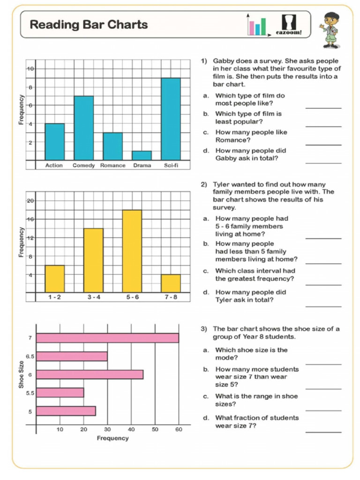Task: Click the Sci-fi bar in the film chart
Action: coord(171,119)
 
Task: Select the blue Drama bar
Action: coord(142,156)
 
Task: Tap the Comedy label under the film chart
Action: coord(83,165)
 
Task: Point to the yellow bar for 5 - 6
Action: coord(132,251)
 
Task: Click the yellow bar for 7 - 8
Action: coord(171,283)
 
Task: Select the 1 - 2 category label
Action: coord(54,297)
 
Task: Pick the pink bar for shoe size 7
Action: coord(107,338)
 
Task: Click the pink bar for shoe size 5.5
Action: coord(60,392)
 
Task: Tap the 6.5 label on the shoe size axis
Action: coord(30,357)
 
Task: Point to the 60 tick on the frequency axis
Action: coord(179,429)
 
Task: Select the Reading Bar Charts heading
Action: coord(89,25)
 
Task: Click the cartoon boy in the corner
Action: coord(331,30)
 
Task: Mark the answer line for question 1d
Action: coord(323,163)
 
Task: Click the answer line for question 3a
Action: coord(323,363)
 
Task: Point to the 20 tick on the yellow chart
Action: coord(30,201)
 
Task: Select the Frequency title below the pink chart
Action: coord(112,438)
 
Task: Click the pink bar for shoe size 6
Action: coord(90,375)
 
